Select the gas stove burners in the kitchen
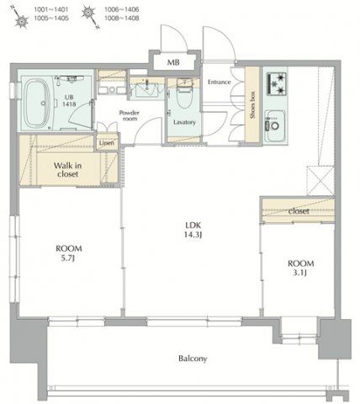tap(277, 82)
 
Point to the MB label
tap(172, 62)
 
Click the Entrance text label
tap(220, 82)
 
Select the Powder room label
tap(129, 114)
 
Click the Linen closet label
tap(106, 143)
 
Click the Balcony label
tap(192, 358)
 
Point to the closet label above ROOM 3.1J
tap(297, 210)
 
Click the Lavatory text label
tap(184, 122)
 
